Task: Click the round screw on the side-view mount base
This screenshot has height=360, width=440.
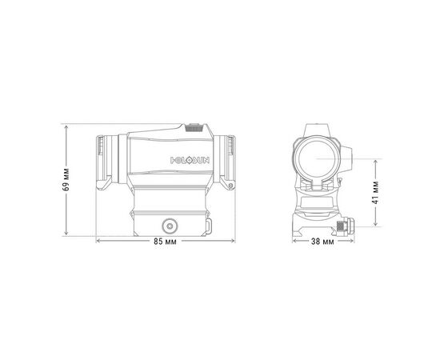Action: point(170,225)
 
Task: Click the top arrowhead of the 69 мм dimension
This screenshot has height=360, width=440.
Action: point(67,126)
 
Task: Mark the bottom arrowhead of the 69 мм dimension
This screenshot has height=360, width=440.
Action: point(67,236)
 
